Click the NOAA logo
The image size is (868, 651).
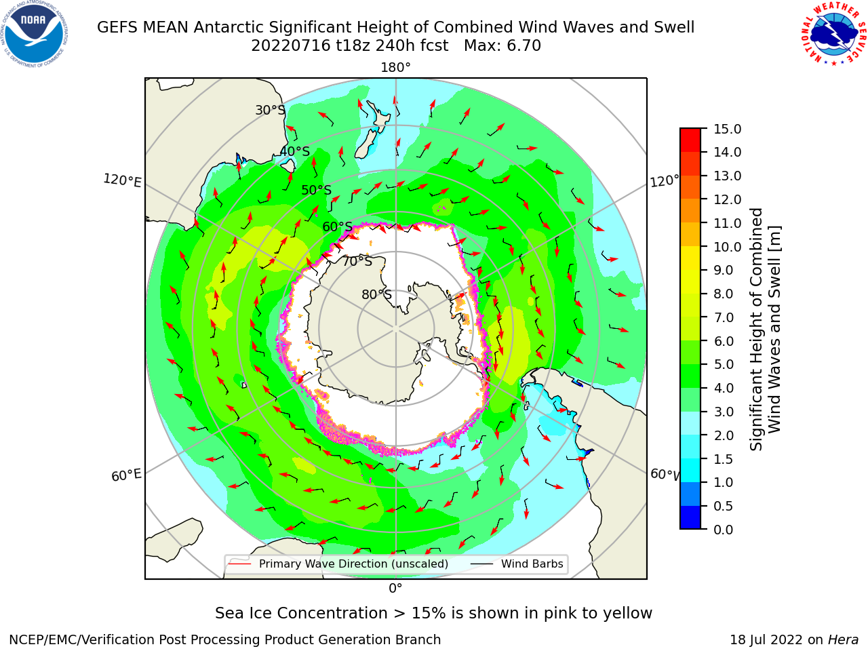pyautogui.click(x=34, y=34)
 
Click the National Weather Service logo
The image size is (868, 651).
pyautogui.click(x=834, y=33)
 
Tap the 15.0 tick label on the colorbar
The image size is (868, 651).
pyautogui.click(x=727, y=129)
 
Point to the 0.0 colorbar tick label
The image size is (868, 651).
pyautogui.click(x=724, y=529)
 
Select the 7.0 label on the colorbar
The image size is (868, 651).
pyautogui.click(x=724, y=317)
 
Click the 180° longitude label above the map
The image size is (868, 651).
pyautogui.click(x=395, y=68)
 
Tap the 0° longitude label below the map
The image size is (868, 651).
pyautogui.click(x=395, y=589)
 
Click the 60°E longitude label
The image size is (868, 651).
pyautogui.click(x=126, y=475)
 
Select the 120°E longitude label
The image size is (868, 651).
pyautogui.click(x=122, y=180)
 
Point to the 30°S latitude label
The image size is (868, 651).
pyautogui.click(x=270, y=110)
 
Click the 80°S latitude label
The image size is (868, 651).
pyautogui.click(x=376, y=294)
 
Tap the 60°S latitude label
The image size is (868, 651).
pyautogui.click(x=337, y=226)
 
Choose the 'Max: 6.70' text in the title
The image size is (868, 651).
pyautogui.click(x=502, y=46)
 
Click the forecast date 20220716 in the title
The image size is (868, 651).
pyautogui.click(x=291, y=46)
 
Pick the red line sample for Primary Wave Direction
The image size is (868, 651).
pyautogui.click(x=239, y=564)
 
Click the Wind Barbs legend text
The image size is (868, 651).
pyautogui.click(x=532, y=564)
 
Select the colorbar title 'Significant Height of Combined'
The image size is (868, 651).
pyautogui.click(x=756, y=330)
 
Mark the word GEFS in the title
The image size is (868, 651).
pyautogui.click(x=117, y=27)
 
